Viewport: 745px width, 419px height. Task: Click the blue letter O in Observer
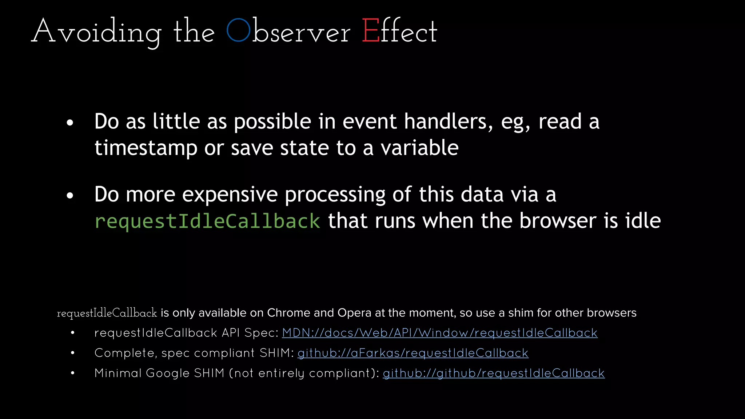[x=238, y=31]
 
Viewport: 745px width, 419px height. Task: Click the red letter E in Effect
[x=371, y=31]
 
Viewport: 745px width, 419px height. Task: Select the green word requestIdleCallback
[x=207, y=221]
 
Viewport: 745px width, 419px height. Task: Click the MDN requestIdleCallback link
[x=439, y=333]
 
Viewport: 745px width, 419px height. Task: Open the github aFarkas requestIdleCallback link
[x=413, y=353]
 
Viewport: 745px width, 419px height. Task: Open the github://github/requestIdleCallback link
[x=494, y=373]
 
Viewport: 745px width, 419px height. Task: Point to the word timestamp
[x=146, y=148]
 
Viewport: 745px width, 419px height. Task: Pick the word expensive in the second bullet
[x=230, y=195]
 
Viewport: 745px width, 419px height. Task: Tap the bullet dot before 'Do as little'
[x=70, y=123]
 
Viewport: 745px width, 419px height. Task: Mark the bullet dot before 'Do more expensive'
[x=70, y=196]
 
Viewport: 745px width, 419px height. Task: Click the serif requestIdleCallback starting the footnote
[x=107, y=313]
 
